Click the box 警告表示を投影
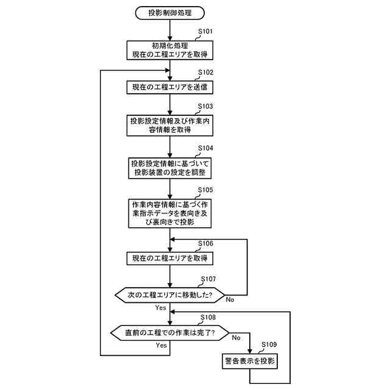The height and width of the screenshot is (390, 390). pyautogui.click(x=250, y=362)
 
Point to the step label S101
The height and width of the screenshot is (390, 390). pyautogui.click(x=205, y=31)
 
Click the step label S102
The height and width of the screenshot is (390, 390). pyautogui.click(x=205, y=72)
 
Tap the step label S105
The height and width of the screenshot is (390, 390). pyautogui.click(x=205, y=190)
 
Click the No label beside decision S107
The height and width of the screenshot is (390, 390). pyautogui.click(x=230, y=299)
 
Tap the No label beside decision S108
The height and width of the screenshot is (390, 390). pyautogui.click(x=236, y=336)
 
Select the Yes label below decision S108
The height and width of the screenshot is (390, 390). pyautogui.click(x=161, y=345)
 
